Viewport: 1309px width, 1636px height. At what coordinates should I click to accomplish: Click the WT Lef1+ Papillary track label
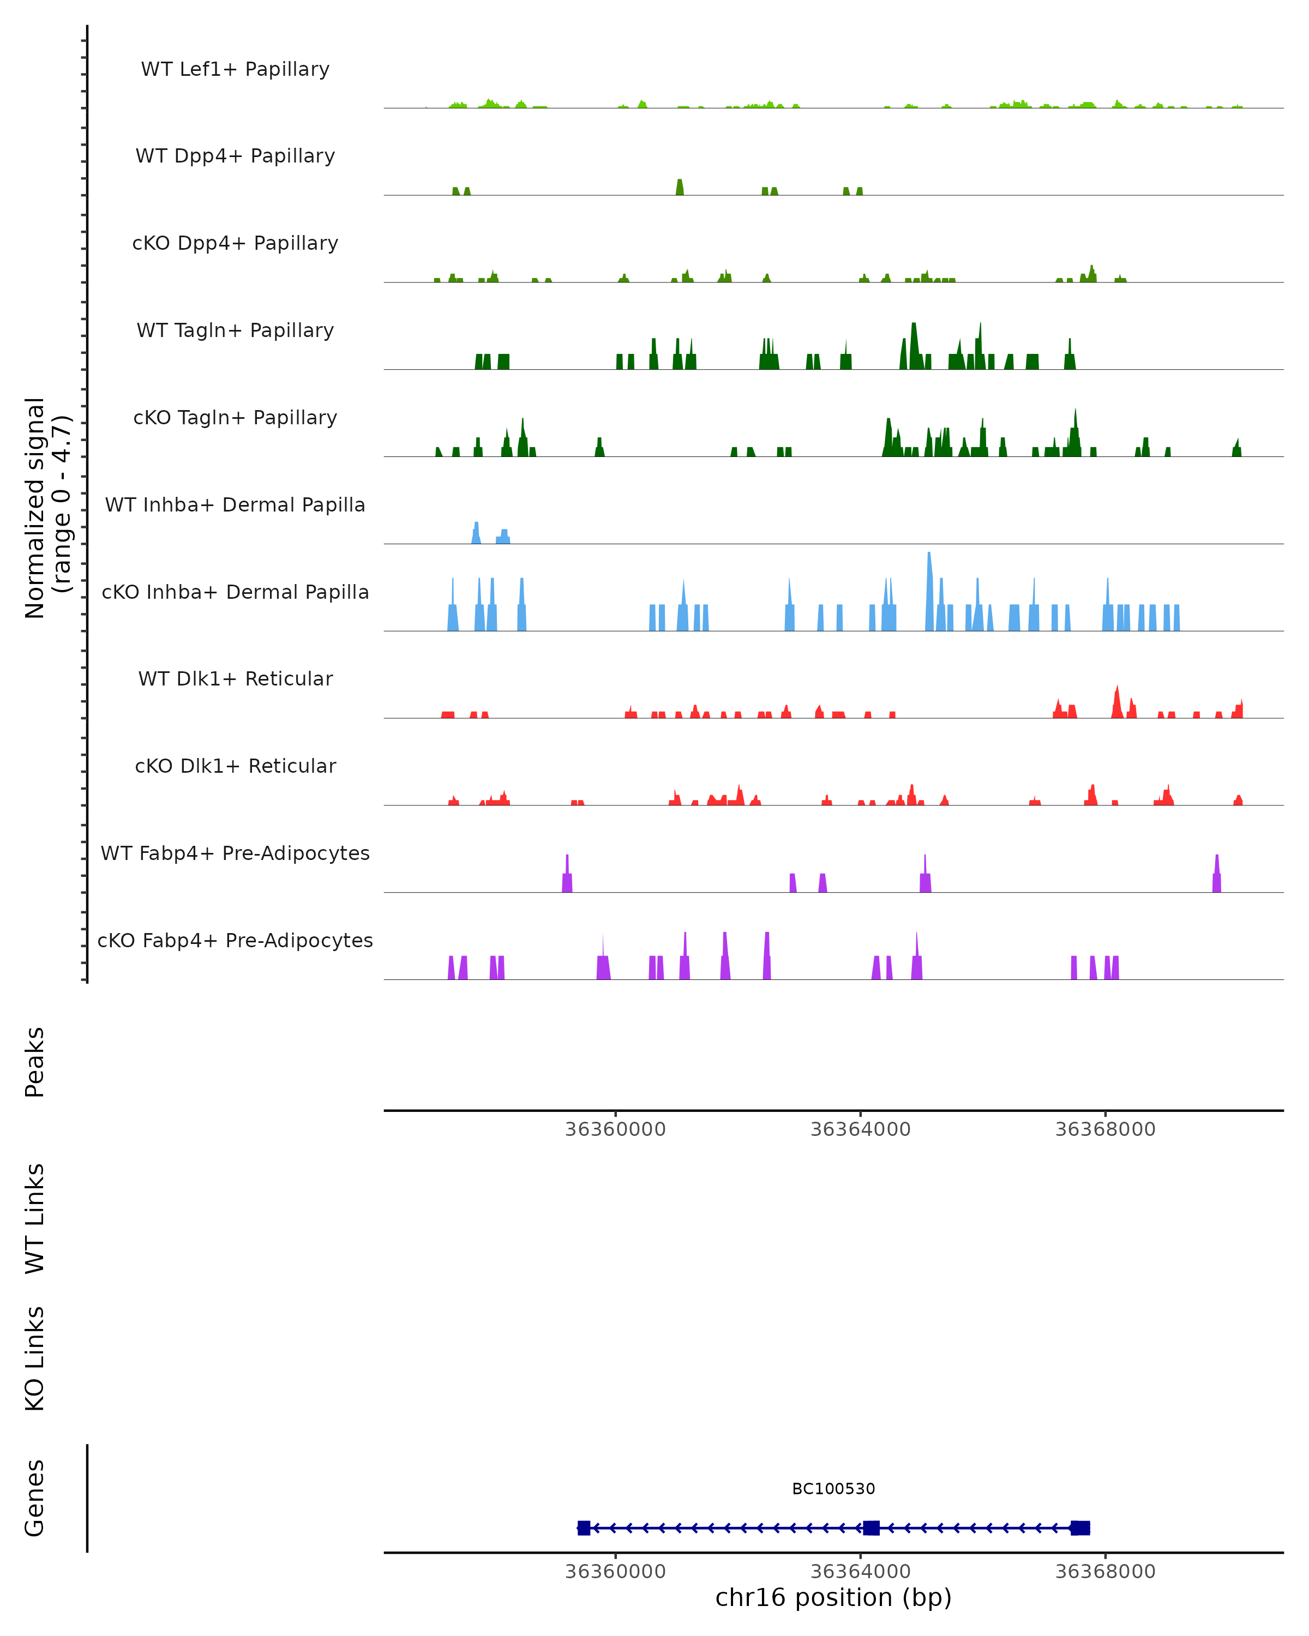click(235, 69)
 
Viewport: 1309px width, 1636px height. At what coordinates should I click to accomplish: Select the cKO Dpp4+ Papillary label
click(235, 244)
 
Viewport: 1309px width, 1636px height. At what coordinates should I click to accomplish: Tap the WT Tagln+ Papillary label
click(235, 331)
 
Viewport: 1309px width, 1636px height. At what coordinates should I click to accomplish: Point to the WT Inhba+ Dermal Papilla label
click(235, 506)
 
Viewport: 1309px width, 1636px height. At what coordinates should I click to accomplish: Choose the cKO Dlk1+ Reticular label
click(235, 766)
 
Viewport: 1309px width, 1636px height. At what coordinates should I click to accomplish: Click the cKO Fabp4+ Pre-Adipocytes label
click(235, 941)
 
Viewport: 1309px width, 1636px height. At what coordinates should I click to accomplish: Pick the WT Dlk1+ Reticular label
click(235, 679)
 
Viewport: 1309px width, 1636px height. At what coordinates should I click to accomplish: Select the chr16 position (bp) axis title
click(833, 1597)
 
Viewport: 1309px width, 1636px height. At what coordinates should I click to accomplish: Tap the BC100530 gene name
click(833, 1489)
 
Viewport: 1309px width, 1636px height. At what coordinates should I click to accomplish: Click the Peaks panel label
click(35, 1062)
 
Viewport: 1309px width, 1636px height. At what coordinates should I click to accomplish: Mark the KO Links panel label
click(35, 1358)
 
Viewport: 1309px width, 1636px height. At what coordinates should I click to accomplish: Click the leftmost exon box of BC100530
click(584, 1527)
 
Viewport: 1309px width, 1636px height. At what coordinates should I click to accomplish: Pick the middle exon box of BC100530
click(871, 1527)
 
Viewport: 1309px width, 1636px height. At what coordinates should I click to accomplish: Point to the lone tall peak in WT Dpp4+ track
click(680, 188)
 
